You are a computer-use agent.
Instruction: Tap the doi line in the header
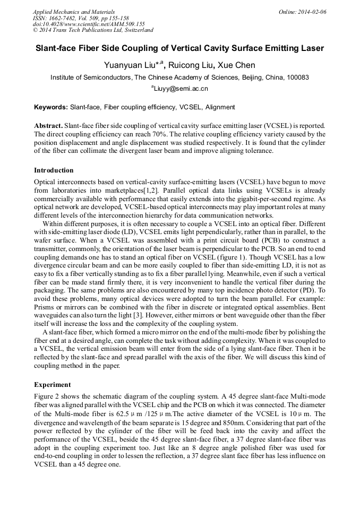point(89,24)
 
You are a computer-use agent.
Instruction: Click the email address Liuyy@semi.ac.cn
point(181,89)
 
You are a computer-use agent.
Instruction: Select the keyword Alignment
point(220,107)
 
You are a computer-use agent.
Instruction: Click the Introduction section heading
point(54,170)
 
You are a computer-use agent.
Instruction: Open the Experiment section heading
point(53,384)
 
